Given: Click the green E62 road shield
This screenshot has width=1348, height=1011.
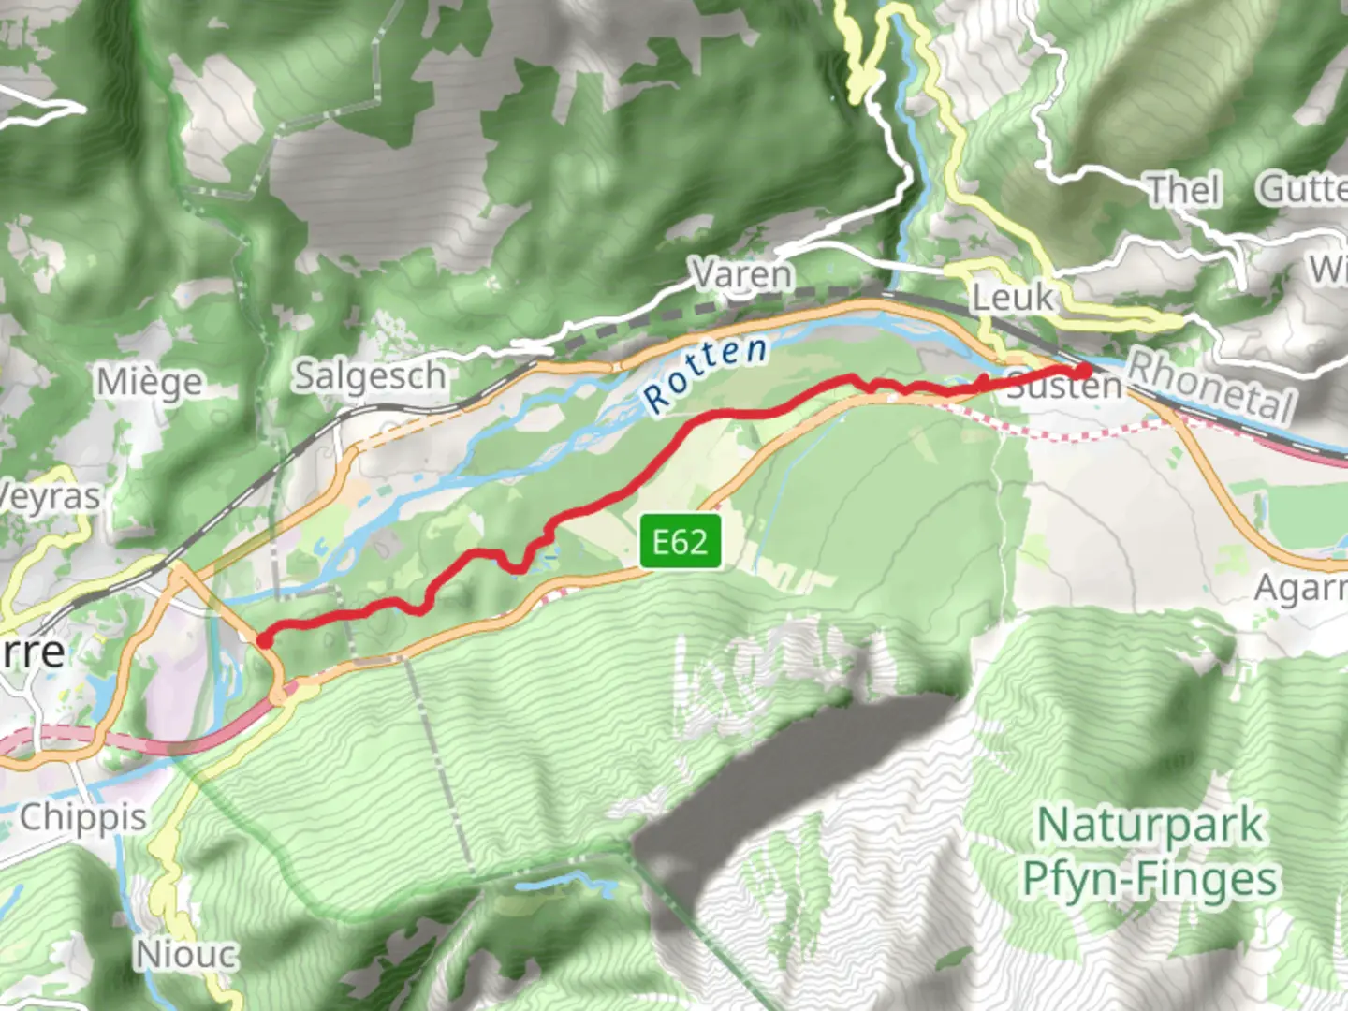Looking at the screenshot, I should (x=681, y=541).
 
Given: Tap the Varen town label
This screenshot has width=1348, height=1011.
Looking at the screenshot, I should (x=742, y=274).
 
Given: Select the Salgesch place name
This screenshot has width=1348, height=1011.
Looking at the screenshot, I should (x=371, y=376).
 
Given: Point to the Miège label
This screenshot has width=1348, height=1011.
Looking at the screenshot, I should (x=150, y=382).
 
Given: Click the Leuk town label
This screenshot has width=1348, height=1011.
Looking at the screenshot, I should (x=1012, y=298).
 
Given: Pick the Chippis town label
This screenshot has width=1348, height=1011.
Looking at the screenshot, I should (x=83, y=817).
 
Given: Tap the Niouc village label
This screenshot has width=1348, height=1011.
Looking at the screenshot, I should (x=187, y=955).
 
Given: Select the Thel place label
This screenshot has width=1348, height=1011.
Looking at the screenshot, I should (x=1185, y=190).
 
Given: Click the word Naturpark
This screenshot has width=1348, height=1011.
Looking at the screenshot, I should (x=1150, y=826).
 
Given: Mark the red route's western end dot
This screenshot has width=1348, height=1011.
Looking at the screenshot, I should (x=265, y=640).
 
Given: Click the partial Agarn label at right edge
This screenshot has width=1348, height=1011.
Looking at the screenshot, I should (x=1300, y=588).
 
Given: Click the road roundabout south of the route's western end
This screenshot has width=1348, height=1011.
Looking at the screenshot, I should (x=281, y=696).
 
